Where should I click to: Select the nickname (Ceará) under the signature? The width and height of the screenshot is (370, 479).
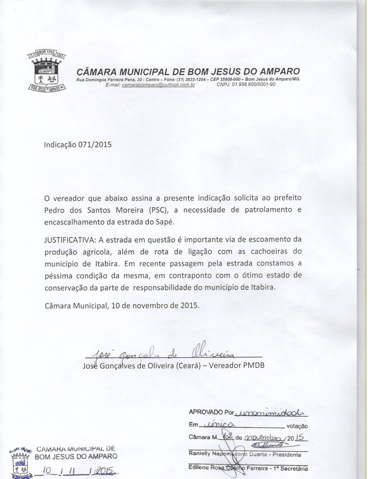tap(188, 365)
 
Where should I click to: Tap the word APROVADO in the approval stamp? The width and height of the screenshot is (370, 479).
tap(206, 412)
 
